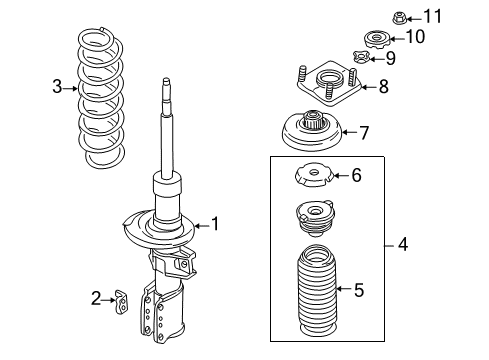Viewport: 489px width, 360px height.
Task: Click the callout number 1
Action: point(213,224)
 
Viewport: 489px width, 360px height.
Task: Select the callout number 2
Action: point(96,296)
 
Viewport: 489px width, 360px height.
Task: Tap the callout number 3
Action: point(57,88)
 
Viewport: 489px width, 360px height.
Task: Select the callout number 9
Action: point(389,59)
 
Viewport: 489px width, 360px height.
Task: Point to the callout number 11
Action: point(431,15)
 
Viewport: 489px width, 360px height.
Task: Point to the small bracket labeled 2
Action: point(124,298)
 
